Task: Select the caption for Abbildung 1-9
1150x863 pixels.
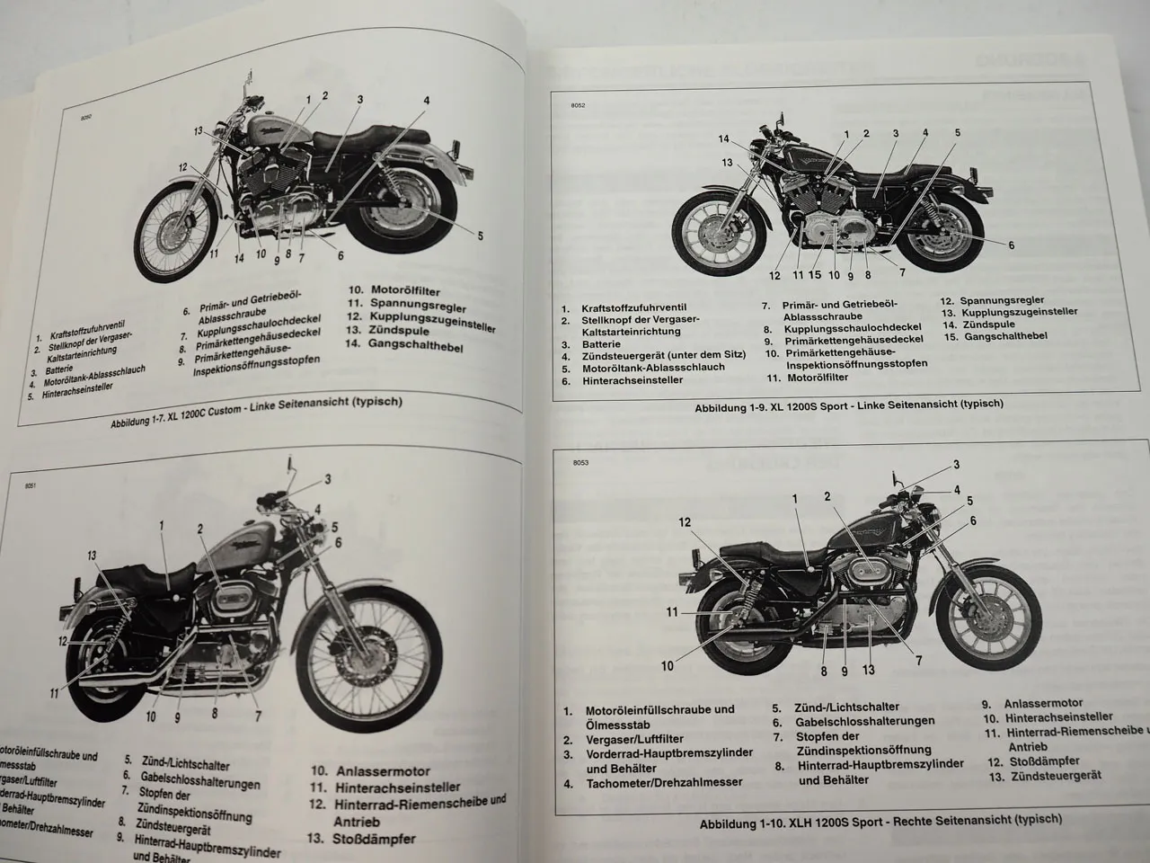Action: (849, 405)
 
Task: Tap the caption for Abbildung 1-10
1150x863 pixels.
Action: (880, 820)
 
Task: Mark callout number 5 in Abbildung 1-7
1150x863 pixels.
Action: (480, 236)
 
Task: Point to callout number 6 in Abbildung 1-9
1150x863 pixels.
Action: (1011, 245)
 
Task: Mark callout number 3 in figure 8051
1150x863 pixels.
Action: (327, 478)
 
